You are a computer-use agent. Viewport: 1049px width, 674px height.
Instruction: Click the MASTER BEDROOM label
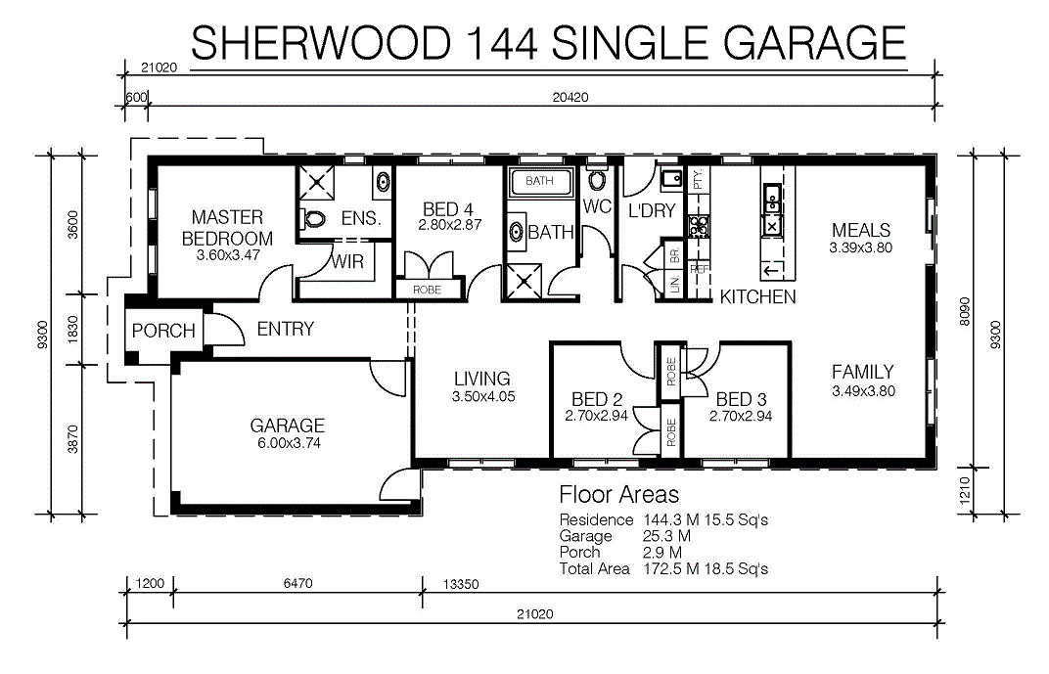pos(227,228)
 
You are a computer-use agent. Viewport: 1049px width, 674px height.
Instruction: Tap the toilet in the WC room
pos(597,179)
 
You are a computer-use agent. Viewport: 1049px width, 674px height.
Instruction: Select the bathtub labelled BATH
pos(540,181)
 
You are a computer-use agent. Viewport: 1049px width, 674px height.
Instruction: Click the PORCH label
pos(163,331)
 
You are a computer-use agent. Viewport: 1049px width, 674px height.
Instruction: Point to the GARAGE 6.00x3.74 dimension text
pos(289,442)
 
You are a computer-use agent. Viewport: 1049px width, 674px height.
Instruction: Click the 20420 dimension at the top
pos(570,97)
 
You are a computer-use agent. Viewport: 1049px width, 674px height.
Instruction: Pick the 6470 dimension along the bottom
pos(297,583)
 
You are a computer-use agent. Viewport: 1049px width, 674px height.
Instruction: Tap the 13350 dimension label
pos(461,584)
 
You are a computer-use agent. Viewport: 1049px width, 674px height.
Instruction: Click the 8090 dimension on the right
pos(964,311)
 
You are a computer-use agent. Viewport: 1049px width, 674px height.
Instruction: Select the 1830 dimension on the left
pos(73,330)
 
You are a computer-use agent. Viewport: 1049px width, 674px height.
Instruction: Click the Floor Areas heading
pos(618,494)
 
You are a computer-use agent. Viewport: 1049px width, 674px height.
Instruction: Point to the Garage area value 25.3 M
pos(667,536)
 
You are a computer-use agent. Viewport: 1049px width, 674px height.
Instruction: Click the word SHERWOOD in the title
pos(321,43)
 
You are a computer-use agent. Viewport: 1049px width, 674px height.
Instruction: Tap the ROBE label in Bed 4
pos(427,290)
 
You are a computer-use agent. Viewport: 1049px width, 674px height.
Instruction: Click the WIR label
pos(348,261)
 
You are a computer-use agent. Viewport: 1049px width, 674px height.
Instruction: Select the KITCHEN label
pos(758,296)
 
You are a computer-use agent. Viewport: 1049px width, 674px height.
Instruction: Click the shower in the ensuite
pos(316,182)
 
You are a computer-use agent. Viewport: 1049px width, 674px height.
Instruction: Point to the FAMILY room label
pos(862,371)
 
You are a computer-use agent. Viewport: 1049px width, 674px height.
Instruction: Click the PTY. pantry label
pos(698,179)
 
